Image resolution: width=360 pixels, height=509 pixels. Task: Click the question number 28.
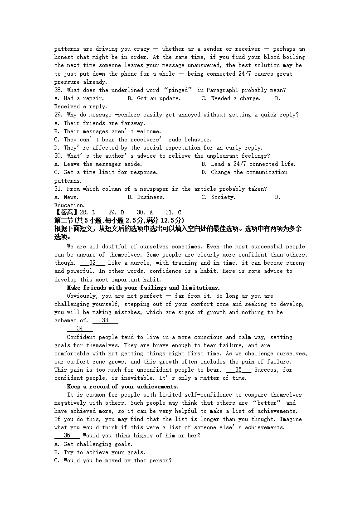click(59, 90)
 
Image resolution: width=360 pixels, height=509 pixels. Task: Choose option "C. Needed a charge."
click(231, 98)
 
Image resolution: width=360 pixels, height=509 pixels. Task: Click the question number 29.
click(59, 115)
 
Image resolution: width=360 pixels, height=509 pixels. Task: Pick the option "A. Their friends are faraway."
click(100, 123)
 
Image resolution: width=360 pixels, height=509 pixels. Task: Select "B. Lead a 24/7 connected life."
click(248, 164)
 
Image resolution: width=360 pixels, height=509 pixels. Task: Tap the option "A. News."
click(66, 197)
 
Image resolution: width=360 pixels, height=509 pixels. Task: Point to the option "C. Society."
click(218, 197)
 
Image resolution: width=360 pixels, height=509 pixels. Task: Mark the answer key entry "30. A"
click(145, 212)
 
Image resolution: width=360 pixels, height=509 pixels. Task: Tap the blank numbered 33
click(105, 320)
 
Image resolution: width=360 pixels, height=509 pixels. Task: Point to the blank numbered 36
click(67, 436)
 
